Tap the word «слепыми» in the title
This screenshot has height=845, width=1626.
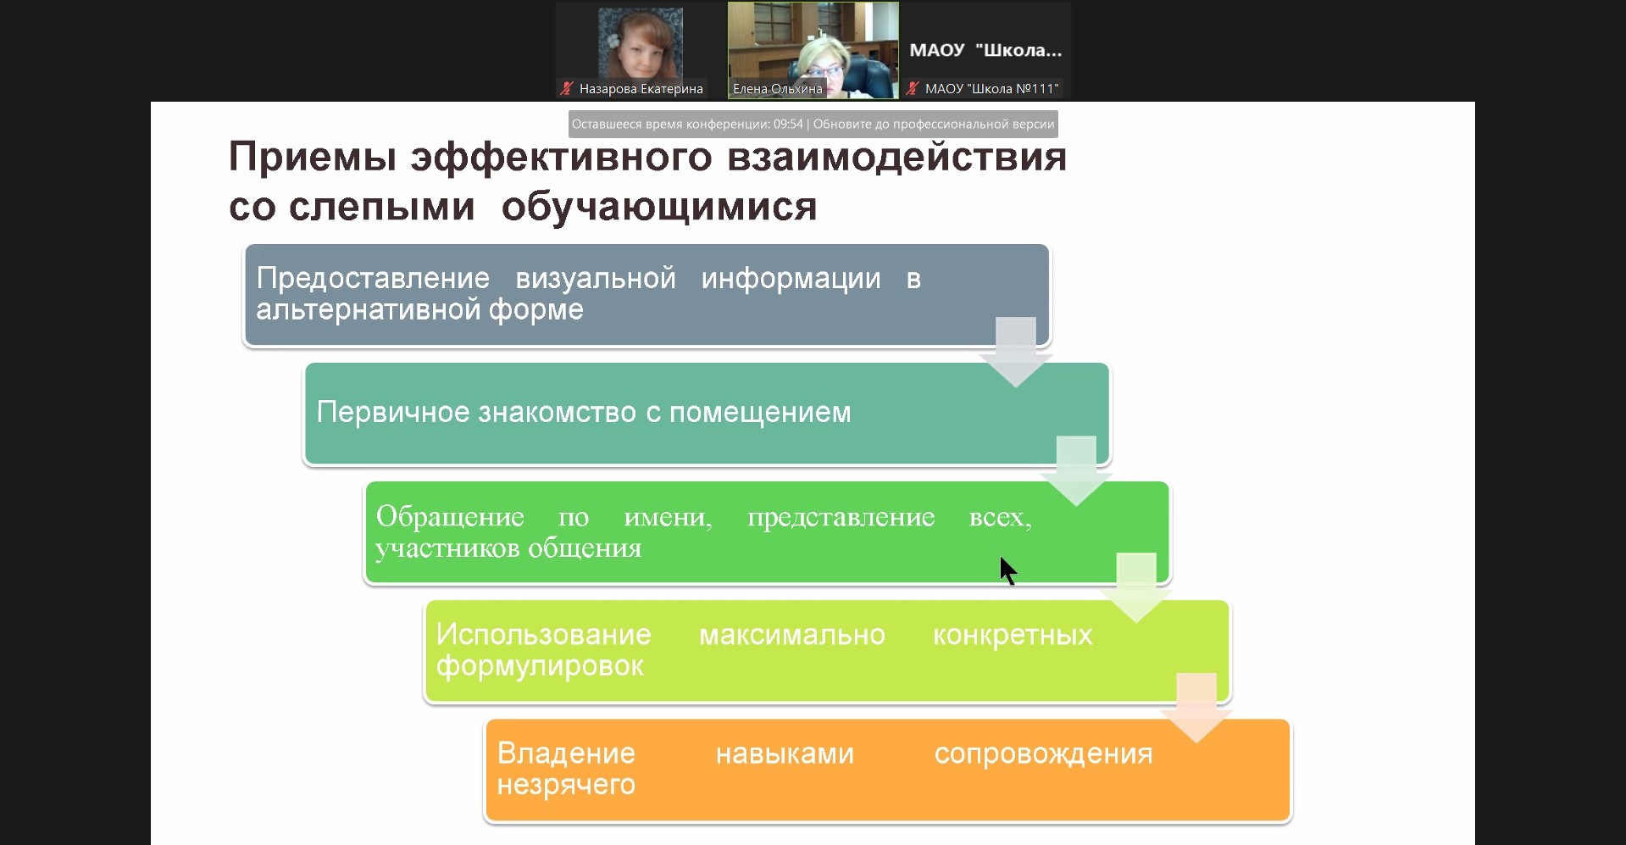pyautogui.click(x=381, y=207)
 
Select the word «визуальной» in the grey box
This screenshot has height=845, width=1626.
pyautogui.click(x=596, y=279)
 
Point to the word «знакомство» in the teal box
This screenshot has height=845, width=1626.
pyautogui.click(x=558, y=412)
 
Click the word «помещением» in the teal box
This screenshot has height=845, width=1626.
pyautogui.click(x=760, y=413)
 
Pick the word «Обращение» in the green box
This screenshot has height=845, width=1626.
pyautogui.click(x=450, y=516)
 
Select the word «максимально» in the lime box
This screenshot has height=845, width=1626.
pyautogui.click(x=792, y=635)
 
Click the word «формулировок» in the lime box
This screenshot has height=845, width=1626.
pyautogui.click(x=540, y=667)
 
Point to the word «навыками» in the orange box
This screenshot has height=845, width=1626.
pyautogui.click(x=785, y=753)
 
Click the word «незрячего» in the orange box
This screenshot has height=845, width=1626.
pyautogui.click(x=566, y=785)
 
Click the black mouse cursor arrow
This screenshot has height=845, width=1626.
pyautogui.click(x=1007, y=570)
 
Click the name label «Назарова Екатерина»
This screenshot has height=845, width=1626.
pyautogui.click(x=641, y=89)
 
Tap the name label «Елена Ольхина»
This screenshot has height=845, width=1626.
pyautogui.click(x=778, y=89)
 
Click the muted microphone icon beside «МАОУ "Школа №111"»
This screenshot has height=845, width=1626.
pyautogui.click(x=913, y=88)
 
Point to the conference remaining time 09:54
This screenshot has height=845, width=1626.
pyautogui.click(x=788, y=125)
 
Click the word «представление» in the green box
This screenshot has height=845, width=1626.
pyautogui.click(x=841, y=518)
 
